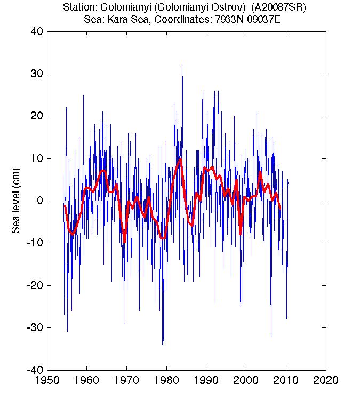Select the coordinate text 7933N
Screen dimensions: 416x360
tap(226, 19)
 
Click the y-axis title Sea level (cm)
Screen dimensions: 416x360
tap(16, 201)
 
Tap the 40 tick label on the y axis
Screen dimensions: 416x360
tap(37, 31)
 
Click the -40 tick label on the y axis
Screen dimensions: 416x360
tap(35, 370)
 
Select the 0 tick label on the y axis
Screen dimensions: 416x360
tap(39, 201)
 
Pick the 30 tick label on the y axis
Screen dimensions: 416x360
tap(37, 73)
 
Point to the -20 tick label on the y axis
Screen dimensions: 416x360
tap(35, 285)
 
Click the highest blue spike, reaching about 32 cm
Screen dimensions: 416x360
tap(182, 66)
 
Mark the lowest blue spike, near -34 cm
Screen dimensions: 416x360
tap(163, 343)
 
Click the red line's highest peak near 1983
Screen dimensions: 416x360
tap(181, 159)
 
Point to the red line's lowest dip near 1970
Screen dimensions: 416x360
tap(125, 242)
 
